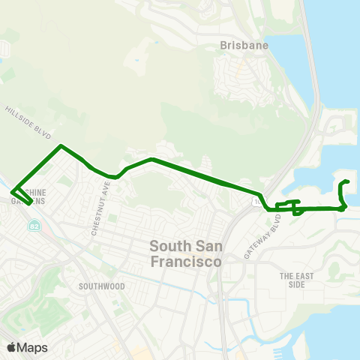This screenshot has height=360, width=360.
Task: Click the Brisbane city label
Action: click(x=244, y=46)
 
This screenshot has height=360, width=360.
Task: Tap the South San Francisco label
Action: click(x=186, y=253)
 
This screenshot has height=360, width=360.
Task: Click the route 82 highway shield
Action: click(x=34, y=226)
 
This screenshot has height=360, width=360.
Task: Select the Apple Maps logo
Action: click(x=27, y=347)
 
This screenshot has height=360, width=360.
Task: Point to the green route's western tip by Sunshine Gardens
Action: click(x=13, y=192)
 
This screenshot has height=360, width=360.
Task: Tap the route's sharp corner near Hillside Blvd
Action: click(x=61, y=145)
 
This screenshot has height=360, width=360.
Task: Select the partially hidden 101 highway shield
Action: click(x=257, y=201)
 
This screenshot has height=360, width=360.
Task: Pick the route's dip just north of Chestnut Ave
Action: click(x=112, y=177)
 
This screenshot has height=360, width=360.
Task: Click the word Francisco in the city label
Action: click(x=186, y=262)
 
